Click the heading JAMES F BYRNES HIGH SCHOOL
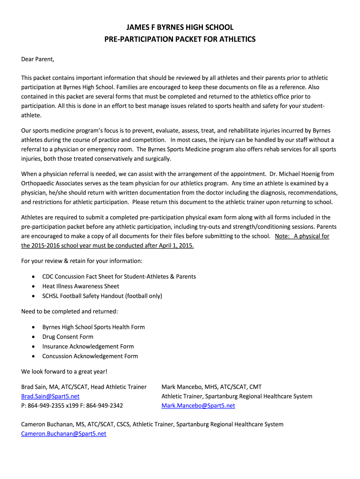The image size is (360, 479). (x=180, y=28)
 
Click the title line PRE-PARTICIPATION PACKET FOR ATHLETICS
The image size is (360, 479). (x=180, y=39)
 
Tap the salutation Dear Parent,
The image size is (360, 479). (x=38, y=59)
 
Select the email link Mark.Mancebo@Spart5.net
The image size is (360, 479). (x=198, y=406)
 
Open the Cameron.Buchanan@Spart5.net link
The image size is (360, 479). (x=64, y=434)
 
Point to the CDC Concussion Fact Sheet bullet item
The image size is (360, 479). (x=119, y=276)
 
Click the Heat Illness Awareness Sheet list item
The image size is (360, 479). (x=80, y=286)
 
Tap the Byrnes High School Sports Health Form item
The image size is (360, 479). (x=94, y=327)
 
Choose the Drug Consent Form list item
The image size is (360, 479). (x=68, y=337)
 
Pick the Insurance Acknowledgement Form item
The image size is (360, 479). (x=88, y=347)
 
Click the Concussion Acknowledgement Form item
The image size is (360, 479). (x=90, y=356)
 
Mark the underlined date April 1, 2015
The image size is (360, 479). (x=171, y=246)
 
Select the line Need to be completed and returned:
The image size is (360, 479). (x=70, y=311)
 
